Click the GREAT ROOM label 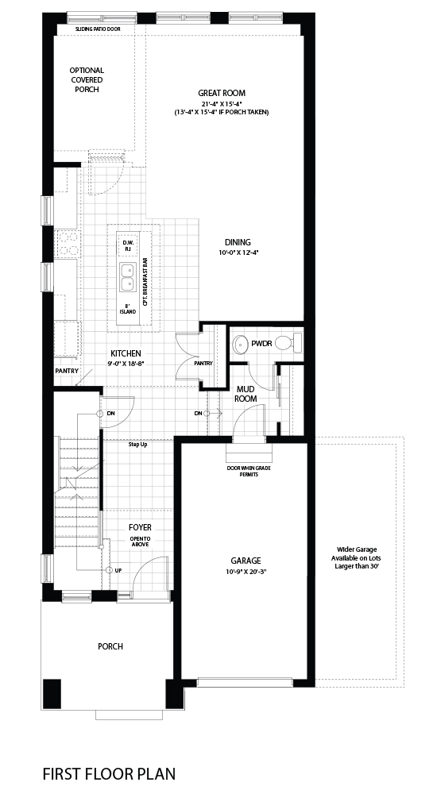click(x=222, y=93)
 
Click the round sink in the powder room click(x=240, y=345)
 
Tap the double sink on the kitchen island click(x=128, y=277)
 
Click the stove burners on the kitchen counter click(x=68, y=244)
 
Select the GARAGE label click(x=246, y=561)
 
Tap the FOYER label click(x=139, y=528)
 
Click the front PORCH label click(x=110, y=646)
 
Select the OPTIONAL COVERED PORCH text click(x=87, y=80)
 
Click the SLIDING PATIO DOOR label click(x=98, y=29)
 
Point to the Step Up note click(x=137, y=445)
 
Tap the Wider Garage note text click(x=357, y=558)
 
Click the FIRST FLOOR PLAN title click(x=109, y=773)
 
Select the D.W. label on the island click(x=128, y=242)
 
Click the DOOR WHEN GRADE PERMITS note click(x=249, y=472)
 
